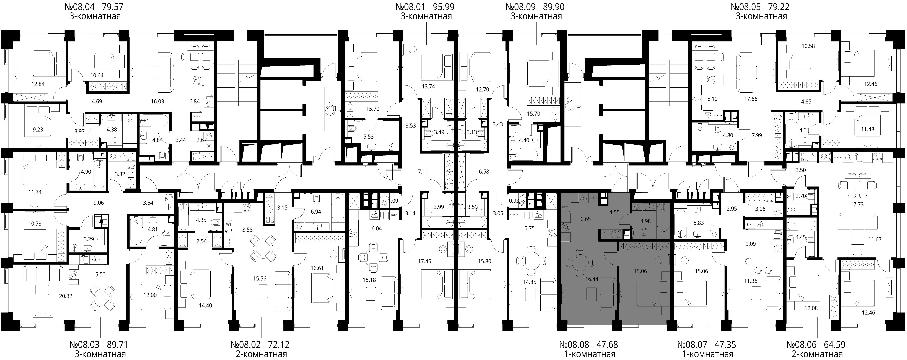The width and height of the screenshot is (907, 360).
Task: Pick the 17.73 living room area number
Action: click(x=857, y=204)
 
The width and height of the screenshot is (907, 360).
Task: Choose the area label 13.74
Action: click(x=429, y=86)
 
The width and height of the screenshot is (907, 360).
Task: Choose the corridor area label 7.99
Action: click(x=757, y=135)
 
